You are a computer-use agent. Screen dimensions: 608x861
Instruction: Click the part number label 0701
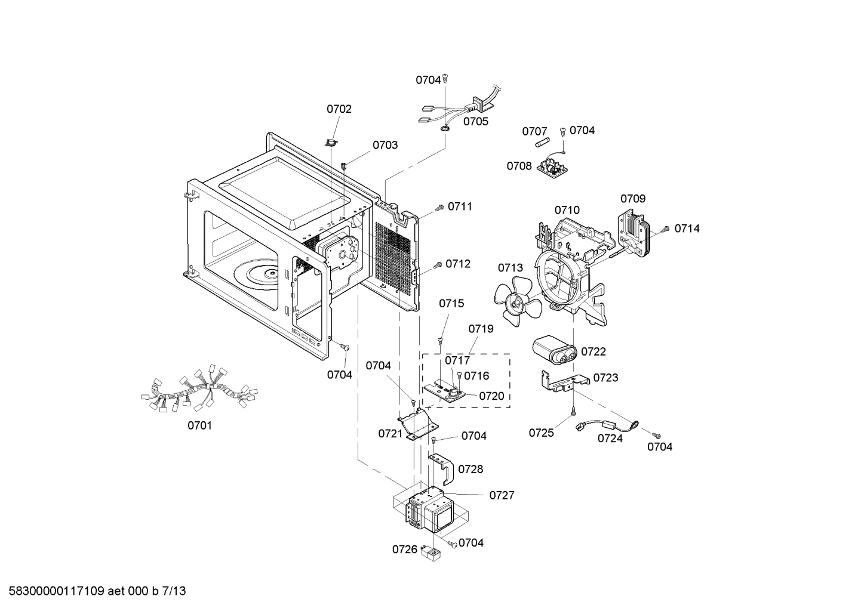click(199, 425)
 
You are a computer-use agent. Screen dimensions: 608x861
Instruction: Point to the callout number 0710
click(567, 210)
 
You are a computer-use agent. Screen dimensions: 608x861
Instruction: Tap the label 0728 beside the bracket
click(471, 470)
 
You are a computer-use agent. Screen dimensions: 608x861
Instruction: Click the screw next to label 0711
click(439, 207)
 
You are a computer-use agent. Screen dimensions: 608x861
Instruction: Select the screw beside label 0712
click(438, 264)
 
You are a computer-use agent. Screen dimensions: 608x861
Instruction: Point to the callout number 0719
click(481, 329)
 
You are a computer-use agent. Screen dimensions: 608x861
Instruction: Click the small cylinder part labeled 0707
click(543, 145)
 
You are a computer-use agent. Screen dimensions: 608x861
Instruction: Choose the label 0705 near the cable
click(475, 122)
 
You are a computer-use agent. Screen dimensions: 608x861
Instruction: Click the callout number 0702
click(339, 109)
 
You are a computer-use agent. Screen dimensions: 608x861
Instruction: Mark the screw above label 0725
click(574, 411)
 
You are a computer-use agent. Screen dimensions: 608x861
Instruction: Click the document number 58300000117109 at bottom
click(57, 591)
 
